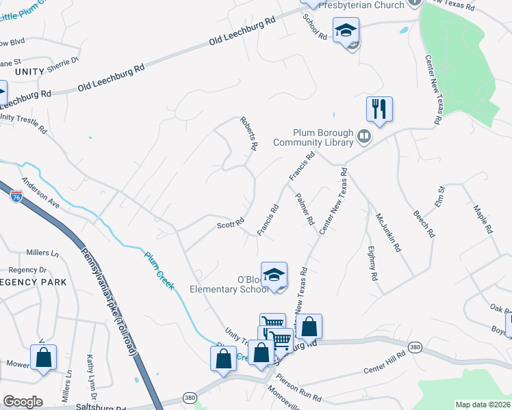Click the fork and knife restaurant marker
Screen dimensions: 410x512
point(379,109)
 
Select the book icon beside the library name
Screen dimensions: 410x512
point(365,139)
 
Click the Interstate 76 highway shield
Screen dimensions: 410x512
point(16,197)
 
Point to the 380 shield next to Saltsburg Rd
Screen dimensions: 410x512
point(190,397)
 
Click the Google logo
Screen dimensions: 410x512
point(23,401)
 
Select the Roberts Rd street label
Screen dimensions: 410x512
point(248,133)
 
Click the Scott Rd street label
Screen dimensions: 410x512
point(231,223)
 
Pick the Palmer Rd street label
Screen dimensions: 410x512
point(305,210)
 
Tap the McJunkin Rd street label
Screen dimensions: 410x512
point(387,232)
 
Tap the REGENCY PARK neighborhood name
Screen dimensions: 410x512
point(33,282)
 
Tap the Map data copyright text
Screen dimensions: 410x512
point(483,404)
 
